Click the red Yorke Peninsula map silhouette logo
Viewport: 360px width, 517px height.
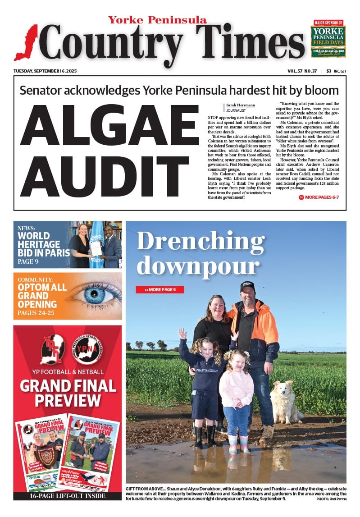[x=26, y=43]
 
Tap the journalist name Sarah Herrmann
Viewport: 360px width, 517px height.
[x=240, y=105]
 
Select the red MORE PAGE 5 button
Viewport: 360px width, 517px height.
[x=159, y=289]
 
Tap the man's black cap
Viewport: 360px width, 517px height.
[x=247, y=286]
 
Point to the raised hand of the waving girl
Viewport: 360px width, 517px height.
[x=182, y=333]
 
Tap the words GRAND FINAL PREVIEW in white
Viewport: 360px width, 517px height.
[x=68, y=393]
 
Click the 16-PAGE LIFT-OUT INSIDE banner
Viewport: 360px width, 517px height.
[x=68, y=496]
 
